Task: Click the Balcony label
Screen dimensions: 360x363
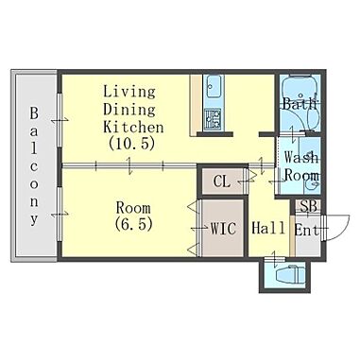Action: click(x=34, y=166)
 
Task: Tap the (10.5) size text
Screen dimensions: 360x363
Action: click(x=131, y=144)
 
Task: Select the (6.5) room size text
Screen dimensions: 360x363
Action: click(x=133, y=224)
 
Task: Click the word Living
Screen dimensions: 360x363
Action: click(x=129, y=92)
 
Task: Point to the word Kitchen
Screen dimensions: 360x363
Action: click(x=133, y=127)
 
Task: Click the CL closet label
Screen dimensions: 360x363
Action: click(x=222, y=181)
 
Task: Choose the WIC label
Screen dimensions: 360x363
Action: click(x=223, y=229)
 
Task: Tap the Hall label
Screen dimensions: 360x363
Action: click(x=268, y=228)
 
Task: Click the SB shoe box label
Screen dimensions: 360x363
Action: click(x=308, y=206)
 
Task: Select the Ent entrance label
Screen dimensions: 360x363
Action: click(x=306, y=230)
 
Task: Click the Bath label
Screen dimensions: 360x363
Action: click(x=299, y=104)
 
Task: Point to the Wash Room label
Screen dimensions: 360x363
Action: click(x=301, y=166)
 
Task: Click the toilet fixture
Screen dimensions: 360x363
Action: click(x=290, y=274)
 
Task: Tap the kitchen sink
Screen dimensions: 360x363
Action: click(x=213, y=86)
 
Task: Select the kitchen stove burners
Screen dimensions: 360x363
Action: click(x=213, y=119)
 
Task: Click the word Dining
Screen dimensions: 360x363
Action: click(x=129, y=110)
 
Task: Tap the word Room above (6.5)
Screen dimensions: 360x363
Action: click(x=133, y=208)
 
